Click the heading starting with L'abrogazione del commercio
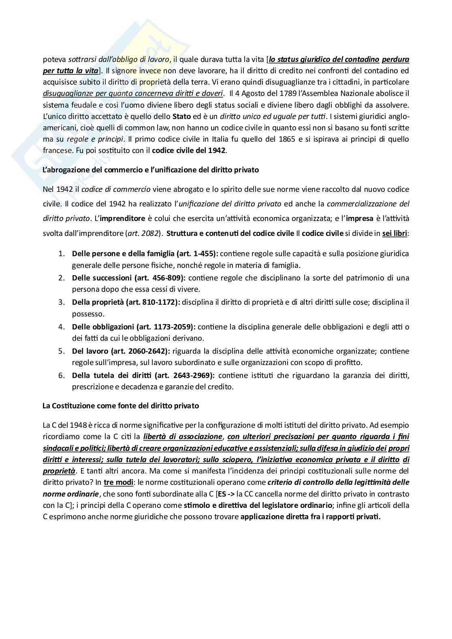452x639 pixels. [151, 170]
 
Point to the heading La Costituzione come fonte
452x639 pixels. [121, 405]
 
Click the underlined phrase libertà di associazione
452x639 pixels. [183, 437]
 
